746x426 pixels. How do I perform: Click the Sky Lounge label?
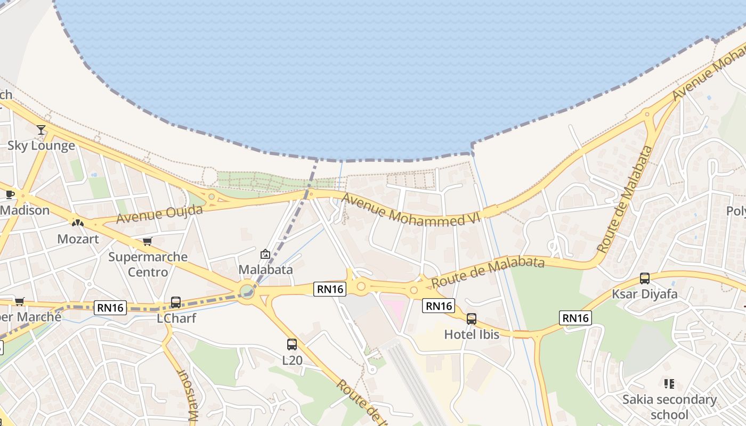(x=41, y=146)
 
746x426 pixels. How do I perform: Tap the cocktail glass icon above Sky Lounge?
(x=41, y=129)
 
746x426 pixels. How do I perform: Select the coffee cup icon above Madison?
(x=10, y=194)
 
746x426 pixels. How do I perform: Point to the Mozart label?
(x=78, y=239)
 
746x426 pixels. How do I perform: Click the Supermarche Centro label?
(x=148, y=264)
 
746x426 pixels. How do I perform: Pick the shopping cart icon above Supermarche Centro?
(x=148, y=241)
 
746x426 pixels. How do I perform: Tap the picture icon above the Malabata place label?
(x=265, y=254)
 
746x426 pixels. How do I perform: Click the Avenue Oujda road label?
(x=159, y=214)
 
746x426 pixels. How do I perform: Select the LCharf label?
(x=176, y=318)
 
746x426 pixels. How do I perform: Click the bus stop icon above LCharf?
(x=176, y=302)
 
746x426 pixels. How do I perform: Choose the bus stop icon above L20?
(x=292, y=344)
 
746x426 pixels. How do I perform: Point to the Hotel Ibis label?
(x=472, y=334)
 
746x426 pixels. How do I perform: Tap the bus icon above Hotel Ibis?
(x=472, y=318)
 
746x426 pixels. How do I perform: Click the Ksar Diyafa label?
(x=644, y=294)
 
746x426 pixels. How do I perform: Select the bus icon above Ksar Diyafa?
(x=644, y=278)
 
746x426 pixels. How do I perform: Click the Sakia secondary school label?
(x=669, y=407)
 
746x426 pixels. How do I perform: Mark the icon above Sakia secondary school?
(x=669, y=383)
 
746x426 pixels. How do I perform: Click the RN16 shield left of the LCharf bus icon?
(x=111, y=307)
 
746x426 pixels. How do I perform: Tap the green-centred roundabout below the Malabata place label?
(x=246, y=291)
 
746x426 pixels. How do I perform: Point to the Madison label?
(x=25, y=210)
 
